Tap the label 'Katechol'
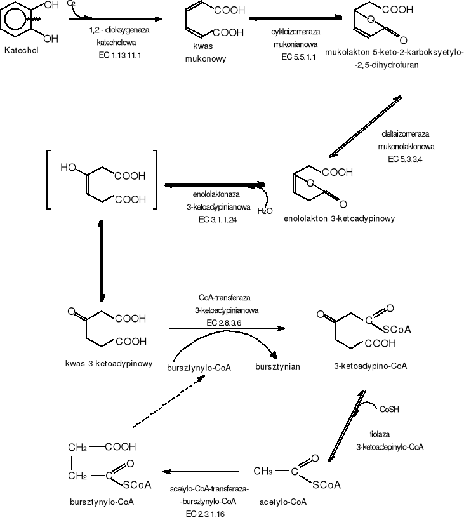(21, 50)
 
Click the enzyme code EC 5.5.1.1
(294, 56)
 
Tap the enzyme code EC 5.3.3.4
(404, 158)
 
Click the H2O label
(265, 211)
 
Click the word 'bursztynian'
(277, 367)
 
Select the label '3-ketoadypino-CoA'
(369, 366)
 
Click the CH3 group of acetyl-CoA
(263, 472)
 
